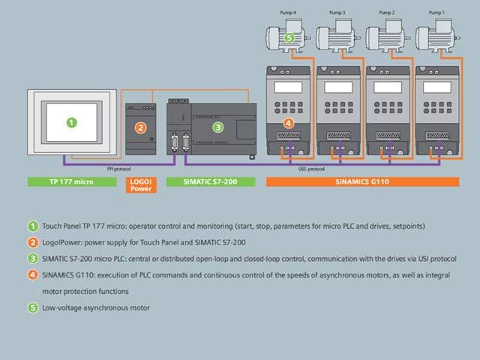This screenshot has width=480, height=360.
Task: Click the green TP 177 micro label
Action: [72, 181]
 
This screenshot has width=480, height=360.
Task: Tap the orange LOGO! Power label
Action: [141, 185]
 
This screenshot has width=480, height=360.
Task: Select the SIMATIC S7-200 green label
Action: [211, 181]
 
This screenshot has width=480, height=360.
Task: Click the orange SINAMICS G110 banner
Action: [363, 181]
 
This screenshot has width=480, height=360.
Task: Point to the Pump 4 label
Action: [288, 13]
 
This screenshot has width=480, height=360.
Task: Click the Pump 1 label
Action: [436, 13]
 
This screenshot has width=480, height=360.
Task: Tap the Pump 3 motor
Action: [338, 35]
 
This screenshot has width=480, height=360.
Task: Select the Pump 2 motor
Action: [388, 35]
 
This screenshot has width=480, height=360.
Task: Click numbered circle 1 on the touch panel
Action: [72, 123]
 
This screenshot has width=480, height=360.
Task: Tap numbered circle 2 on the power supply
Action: [140, 127]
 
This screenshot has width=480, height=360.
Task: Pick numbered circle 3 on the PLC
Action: [218, 127]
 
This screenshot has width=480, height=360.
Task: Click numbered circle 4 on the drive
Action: [288, 123]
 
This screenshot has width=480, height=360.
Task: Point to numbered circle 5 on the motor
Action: [289, 38]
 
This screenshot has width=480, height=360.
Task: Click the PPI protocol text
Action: [118, 169]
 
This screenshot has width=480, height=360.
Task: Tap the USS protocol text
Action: [311, 169]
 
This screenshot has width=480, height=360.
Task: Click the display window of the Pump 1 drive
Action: [436, 88]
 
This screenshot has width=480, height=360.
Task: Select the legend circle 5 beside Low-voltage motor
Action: [33, 307]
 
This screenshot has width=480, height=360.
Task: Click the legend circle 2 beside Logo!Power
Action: [33, 242]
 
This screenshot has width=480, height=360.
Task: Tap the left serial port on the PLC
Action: [175, 142]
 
